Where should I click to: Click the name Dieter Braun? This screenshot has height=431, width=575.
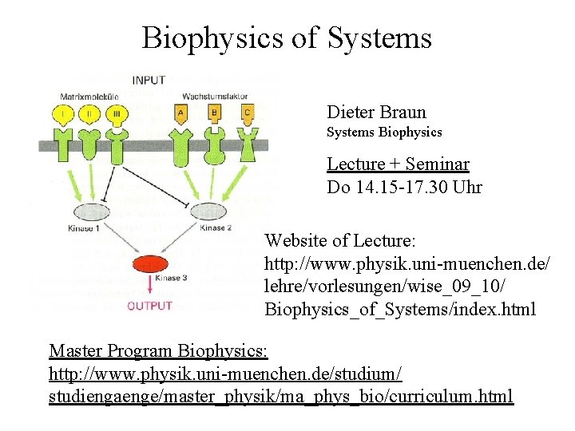pyautogui.click(x=376, y=113)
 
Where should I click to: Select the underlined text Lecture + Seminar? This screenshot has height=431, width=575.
pyautogui.click(x=398, y=164)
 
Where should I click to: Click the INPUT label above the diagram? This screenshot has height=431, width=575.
pyautogui.click(x=149, y=80)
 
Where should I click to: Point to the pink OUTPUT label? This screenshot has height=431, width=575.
pyautogui.click(x=149, y=306)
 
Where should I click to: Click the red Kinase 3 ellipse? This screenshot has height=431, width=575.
pyautogui.click(x=149, y=264)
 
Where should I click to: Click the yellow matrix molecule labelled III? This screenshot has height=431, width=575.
pyautogui.click(x=117, y=113)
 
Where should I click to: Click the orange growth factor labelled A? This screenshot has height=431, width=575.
pyautogui.click(x=180, y=113)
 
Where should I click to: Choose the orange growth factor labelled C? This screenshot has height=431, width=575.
pyautogui.click(x=248, y=113)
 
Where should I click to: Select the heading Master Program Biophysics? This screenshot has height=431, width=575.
pyautogui.click(x=158, y=350)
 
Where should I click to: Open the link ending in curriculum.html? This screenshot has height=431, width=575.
pyautogui.click(x=281, y=396)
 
